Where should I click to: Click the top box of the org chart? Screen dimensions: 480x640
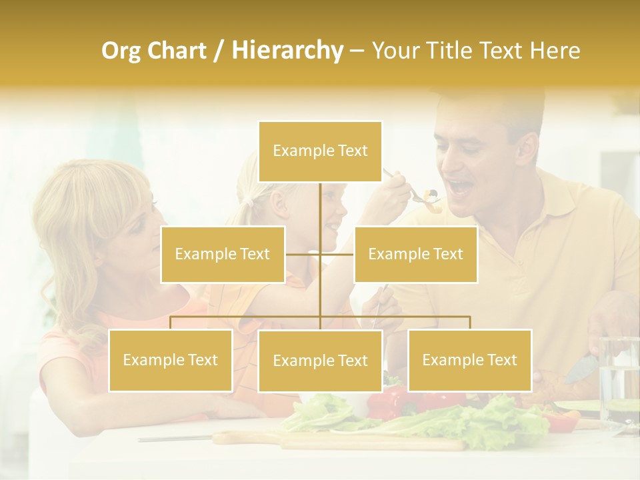(x=320, y=151)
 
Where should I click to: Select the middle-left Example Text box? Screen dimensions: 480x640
(x=223, y=254)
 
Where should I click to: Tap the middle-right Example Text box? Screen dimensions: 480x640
(x=415, y=254)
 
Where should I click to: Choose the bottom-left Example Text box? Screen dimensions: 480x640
(x=171, y=360)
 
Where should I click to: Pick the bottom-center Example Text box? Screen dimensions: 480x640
(x=320, y=361)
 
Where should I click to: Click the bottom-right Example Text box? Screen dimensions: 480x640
(x=469, y=360)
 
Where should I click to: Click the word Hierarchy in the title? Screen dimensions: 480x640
(x=287, y=51)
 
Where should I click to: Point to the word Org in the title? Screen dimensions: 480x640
(x=121, y=51)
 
